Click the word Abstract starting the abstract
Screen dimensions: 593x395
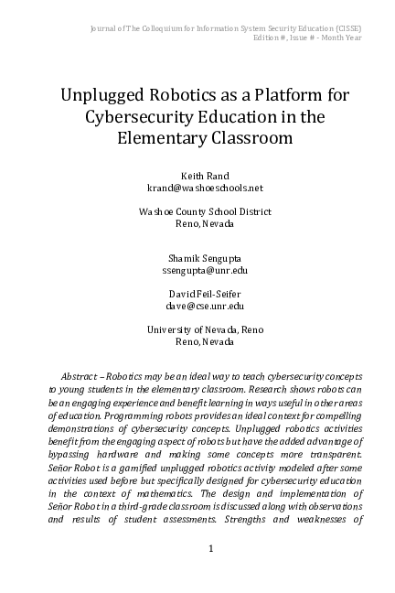[x=80, y=377]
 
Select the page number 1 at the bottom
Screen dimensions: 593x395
[x=210, y=549]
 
